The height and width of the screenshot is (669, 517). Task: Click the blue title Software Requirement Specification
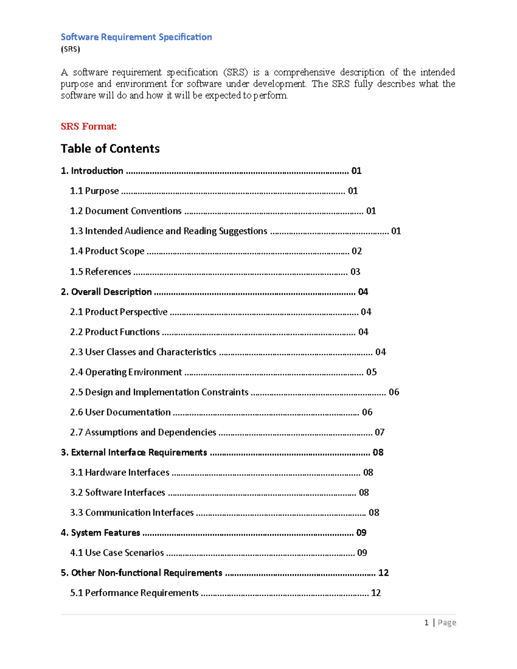(x=136, y=37)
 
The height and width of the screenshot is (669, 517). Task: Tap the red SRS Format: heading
(x=88, y=126)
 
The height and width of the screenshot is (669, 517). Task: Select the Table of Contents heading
(x=110, y=149)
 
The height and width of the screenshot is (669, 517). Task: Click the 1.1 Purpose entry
(x=94, y=191)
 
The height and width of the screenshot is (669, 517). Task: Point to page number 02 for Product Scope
(x=357, y=251)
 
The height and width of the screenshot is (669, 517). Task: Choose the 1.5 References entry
(x=100, y=272)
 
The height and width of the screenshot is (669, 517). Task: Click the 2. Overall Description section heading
(x=106, y=292)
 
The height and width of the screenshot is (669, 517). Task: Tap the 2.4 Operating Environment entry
(x=126, y=372)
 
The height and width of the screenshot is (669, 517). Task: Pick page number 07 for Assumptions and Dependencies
(x=380, y=433)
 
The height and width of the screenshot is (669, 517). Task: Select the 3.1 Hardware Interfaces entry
(x=120, y=473)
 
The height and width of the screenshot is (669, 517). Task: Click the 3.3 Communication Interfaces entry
(x=132, y=513)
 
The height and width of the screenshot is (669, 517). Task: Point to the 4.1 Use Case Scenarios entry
(x=117, y=553)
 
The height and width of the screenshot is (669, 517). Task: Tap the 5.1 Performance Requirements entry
(x=134, y=593)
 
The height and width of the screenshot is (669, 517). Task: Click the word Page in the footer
(x=447, y=622)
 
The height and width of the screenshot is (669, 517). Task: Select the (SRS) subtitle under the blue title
(x=70, y=49)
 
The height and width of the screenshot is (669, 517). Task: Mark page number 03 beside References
(x=355, y=272)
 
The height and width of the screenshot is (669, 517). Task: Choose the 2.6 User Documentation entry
(x=120, y=412)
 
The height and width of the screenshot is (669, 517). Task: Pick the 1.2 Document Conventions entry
(x=126, y=211)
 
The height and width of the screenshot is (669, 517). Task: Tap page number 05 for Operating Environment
(x=371, y=372)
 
